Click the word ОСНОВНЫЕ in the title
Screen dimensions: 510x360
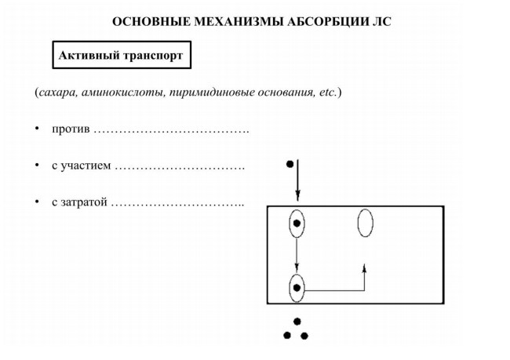[x=151, y=22]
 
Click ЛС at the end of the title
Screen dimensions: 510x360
[x=382, y=22]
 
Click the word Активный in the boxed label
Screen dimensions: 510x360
[x=89, y=55]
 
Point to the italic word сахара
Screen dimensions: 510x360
[x=58, y=93]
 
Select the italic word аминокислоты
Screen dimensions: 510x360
[x=123, y=93]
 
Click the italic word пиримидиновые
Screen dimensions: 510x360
[x=212, y=93]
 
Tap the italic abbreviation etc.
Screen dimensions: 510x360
[x=327, y=93]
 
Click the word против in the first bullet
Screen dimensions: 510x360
[x=71, y=129]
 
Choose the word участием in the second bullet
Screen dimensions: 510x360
[x=86, y=165]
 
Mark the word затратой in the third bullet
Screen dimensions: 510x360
[x=84, y=202]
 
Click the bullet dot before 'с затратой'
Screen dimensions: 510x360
[x=38, y=202]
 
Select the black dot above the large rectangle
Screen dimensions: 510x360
[x=290, y=164]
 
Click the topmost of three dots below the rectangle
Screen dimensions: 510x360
[x=297, y=322]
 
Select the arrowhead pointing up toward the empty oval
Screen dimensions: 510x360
[x=364, y=268]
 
